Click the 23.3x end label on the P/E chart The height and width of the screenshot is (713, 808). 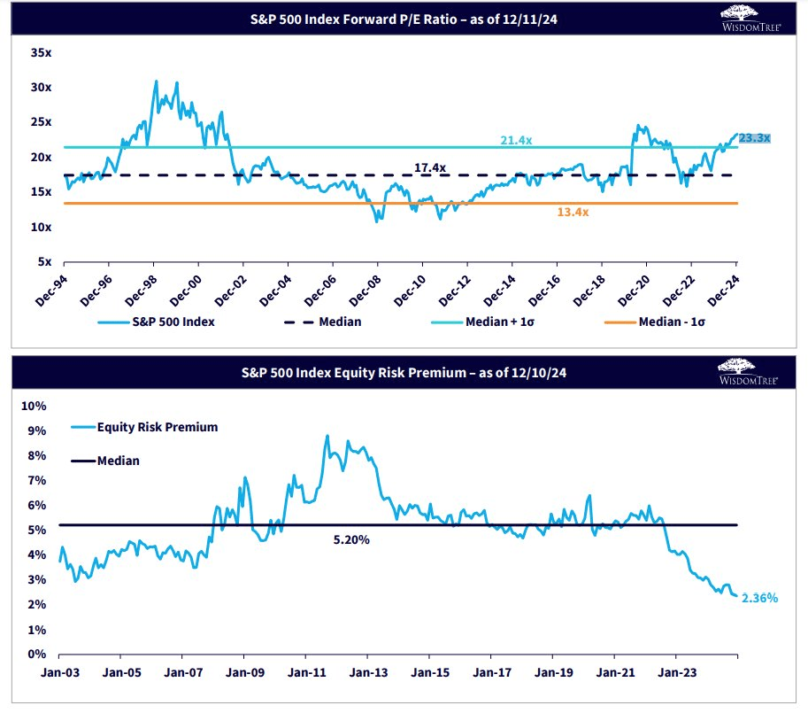tap(755, 137)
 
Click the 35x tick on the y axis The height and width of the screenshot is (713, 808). tap(41, 53)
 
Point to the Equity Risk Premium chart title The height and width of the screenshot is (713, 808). tap(404, 374)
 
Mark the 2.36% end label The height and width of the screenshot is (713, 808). tap(759, 598)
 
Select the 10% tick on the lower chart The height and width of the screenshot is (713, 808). tap(33, 406)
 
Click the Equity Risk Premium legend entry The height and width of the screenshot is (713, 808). tap(157, 427)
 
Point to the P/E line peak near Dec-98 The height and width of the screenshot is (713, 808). tap(156, 81)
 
